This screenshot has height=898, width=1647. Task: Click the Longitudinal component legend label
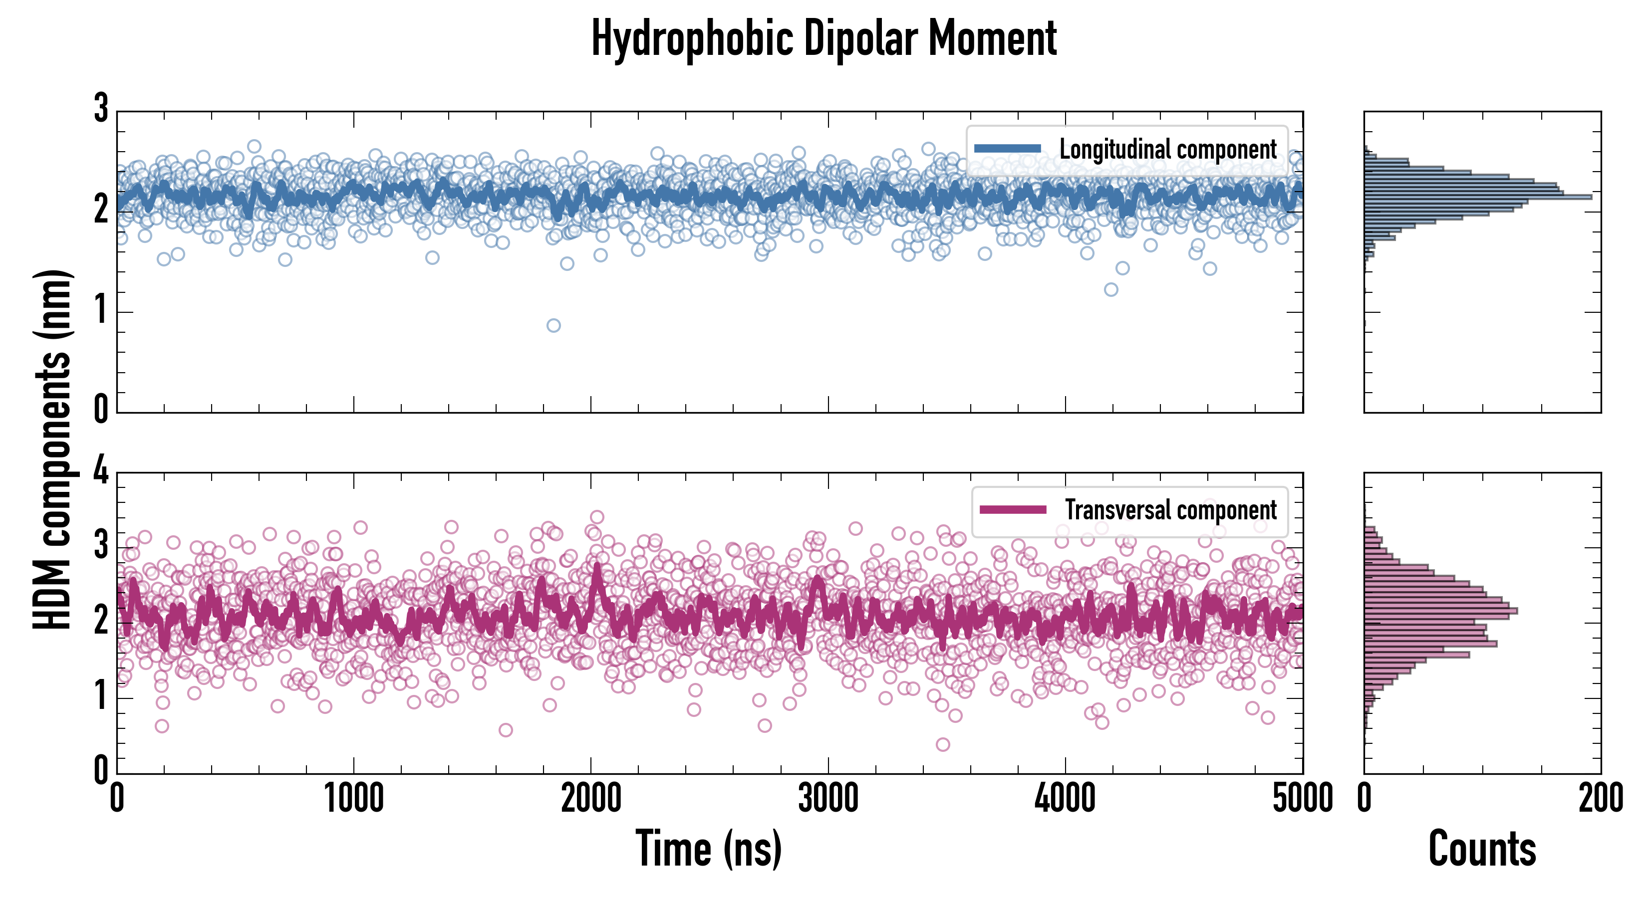click(1167, 149)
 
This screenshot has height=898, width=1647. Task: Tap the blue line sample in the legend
click(1007, 148)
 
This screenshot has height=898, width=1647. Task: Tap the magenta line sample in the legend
click(1013, 509)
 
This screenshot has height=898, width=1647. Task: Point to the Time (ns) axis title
click(708, 848)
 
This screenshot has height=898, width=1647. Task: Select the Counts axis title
click(1482, 848)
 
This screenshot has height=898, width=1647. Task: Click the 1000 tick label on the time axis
click(353, 799)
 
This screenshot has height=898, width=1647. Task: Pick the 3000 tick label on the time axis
click(828, 799)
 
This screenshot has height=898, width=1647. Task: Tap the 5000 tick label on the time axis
click(1303, 799)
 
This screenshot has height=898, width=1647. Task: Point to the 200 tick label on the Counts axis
click(1600, 799)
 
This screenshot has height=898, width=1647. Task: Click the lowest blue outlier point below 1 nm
click(553, 325)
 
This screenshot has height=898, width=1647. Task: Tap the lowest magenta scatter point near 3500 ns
click(942, 744)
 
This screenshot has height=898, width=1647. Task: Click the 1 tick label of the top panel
click(101, 311)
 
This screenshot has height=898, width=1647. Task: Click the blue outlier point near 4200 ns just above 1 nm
click(1111, 289)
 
